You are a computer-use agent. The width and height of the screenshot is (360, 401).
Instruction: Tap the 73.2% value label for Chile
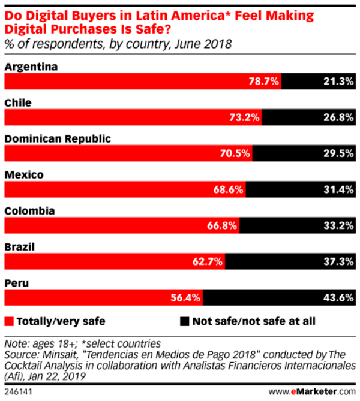coord(244,118)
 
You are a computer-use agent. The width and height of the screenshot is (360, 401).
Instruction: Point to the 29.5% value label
coord(335,154)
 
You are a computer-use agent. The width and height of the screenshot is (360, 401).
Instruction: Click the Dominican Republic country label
coord(58,138)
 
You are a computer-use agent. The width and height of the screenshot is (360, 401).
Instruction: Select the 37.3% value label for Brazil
coord(335,262)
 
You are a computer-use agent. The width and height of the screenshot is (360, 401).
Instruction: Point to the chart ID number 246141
coord(17,392)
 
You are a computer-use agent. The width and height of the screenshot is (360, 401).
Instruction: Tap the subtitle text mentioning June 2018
coord(118,44)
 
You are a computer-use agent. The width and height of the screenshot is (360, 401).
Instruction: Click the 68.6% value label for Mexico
coord(228,190)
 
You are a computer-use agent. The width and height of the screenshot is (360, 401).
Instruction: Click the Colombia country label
coord(30,211)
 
